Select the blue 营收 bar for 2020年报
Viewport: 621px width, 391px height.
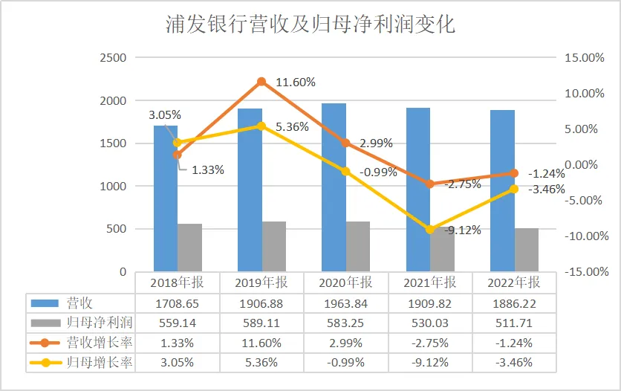tap(334, 187)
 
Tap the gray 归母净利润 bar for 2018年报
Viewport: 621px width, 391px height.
tap(189, 248)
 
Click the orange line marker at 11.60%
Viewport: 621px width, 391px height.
tap(261, 82)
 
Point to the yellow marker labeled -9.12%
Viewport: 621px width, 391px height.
tap(430, 230)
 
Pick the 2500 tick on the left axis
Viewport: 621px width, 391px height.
tap(113, 58)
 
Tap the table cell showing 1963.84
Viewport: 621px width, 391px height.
tap(345, 304)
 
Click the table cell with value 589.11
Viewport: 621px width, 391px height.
tap(261, 323)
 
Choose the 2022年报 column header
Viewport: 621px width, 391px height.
tap(514, 283)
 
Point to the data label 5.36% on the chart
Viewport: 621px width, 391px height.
tap(292, 127)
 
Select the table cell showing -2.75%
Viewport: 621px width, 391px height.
tap(430, 343)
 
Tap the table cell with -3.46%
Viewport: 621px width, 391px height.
tap(514, 363)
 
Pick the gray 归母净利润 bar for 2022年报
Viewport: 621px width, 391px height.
tap(527, 250)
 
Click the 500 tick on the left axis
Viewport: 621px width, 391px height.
tap(117, 229)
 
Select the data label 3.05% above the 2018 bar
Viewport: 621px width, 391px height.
tap(164, 115)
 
